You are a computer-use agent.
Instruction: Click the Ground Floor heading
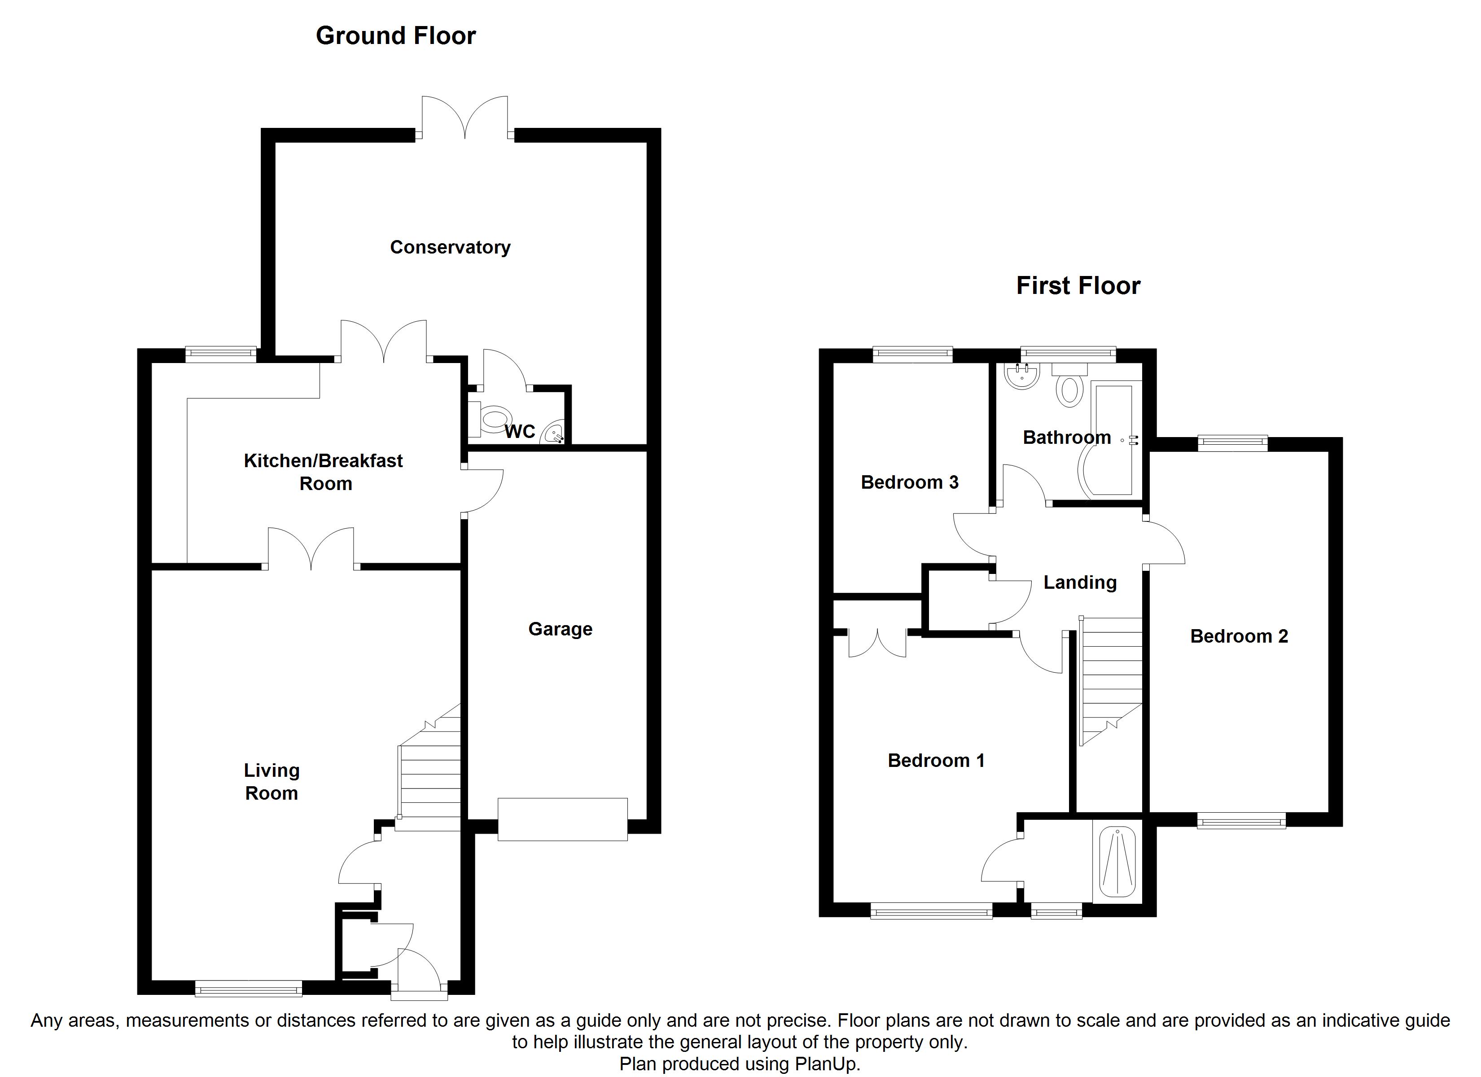tap(396, 36)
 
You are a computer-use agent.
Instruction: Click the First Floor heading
tap(1078, 286)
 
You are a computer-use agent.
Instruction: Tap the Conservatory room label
tap(450, 248)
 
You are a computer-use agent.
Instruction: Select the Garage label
tap(560, 629)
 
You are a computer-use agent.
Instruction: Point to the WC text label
tap(520, 431)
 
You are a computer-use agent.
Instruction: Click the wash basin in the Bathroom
tap(1022, 377)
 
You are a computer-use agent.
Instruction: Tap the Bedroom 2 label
tap(1239, 636)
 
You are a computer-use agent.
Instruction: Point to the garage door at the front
tap(562, 819)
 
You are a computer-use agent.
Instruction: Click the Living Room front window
tap(249, 990)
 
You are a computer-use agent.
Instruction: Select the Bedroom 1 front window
tap(931, 911)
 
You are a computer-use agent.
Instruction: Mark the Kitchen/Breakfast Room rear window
tap(221, 354)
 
